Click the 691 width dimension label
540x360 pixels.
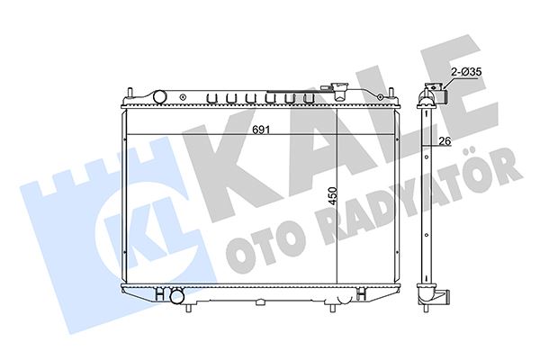tap(261, 130)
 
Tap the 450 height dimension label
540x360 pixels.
tap(332, 196)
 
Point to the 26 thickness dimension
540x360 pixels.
tap(445, 141)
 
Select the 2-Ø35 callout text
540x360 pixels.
tap(466, 72)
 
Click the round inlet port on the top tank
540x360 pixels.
tap(159, 96)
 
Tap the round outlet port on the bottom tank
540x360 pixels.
tap(177, 296)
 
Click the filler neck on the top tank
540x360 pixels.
tap(339, 91)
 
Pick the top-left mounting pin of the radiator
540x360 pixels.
tap(130, 93)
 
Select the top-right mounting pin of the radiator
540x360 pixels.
tap(391, 93)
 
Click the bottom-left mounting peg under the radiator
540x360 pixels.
tap(188, 307)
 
